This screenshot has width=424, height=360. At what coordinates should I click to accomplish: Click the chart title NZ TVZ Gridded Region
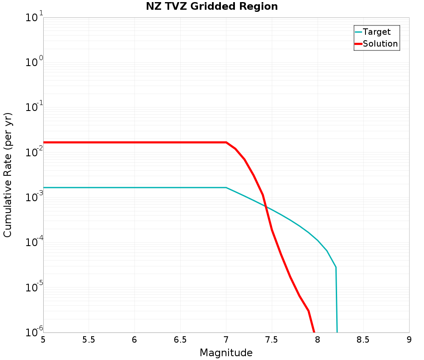pyautogui.click(x=212, y=7)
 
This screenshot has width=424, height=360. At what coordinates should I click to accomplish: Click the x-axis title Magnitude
pyautogui.click(x=226, y=353)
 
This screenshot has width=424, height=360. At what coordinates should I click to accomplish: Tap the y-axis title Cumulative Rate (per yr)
pyautogui.click(x=8, y=175)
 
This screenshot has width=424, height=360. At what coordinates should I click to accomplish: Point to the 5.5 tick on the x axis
pyautogui.click(x=89, y=340)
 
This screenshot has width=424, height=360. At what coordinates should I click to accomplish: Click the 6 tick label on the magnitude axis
pyautogui.click(x=134, y=340)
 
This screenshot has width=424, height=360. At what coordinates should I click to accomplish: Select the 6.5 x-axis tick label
pyautogui.click(x=180, y=340)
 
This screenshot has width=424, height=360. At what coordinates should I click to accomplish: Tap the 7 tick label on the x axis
pyautogui.click(x=226, y=340)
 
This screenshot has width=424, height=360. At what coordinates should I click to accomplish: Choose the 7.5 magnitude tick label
pyautogui.click(x=272, y=340)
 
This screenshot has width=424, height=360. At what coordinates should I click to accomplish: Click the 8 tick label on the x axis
pyautogui.click(x=318, y=340)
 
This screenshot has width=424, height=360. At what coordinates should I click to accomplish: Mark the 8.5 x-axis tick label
pyautogui.click(x=363, y=340)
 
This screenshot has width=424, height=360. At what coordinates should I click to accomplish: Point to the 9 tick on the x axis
pyautogui.click(x=409, y=340)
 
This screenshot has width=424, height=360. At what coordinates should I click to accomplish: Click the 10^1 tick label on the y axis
pyautogui.click(x=34, y=18)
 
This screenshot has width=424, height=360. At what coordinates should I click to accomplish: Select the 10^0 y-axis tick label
pyautogui.click(x=34, y=63)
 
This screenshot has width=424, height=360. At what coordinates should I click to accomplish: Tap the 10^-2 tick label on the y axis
pyautogui.click(x=33, y=153)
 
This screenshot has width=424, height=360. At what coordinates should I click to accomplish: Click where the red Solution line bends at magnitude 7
pyautogui.click(x=226, y=142)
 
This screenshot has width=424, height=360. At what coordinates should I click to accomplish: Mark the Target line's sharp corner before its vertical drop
pyautogui.click(x=336, y=267)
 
